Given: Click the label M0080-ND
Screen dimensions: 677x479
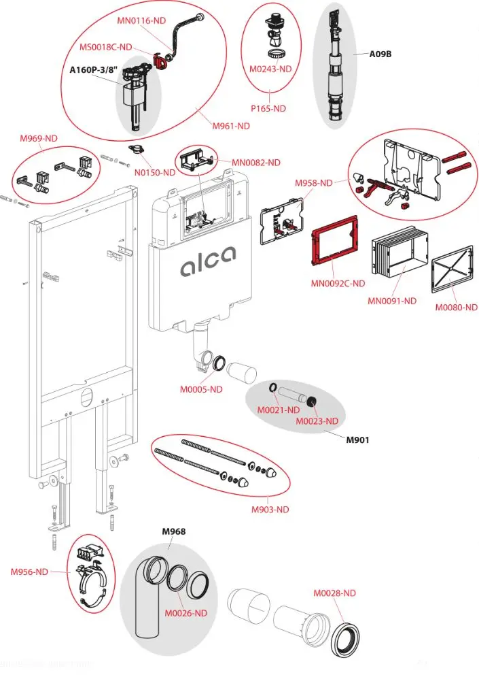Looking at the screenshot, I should (457, 307).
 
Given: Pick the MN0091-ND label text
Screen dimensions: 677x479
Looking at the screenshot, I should (393, 300).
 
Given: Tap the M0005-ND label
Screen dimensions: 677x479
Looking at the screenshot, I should (201, 389).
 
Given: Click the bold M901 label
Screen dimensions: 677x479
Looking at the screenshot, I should (357, 440).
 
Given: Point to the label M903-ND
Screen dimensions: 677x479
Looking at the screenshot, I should (266, 509).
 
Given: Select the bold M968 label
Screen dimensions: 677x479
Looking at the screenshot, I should (173, 531).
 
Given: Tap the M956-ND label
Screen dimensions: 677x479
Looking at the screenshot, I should (29, 572).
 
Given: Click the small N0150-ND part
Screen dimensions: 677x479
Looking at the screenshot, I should (137, 148).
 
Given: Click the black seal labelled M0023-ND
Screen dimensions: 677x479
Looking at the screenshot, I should (312, 401).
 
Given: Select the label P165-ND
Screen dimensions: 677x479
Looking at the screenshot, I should (269, 108).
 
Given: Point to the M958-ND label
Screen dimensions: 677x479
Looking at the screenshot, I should (314, 183).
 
